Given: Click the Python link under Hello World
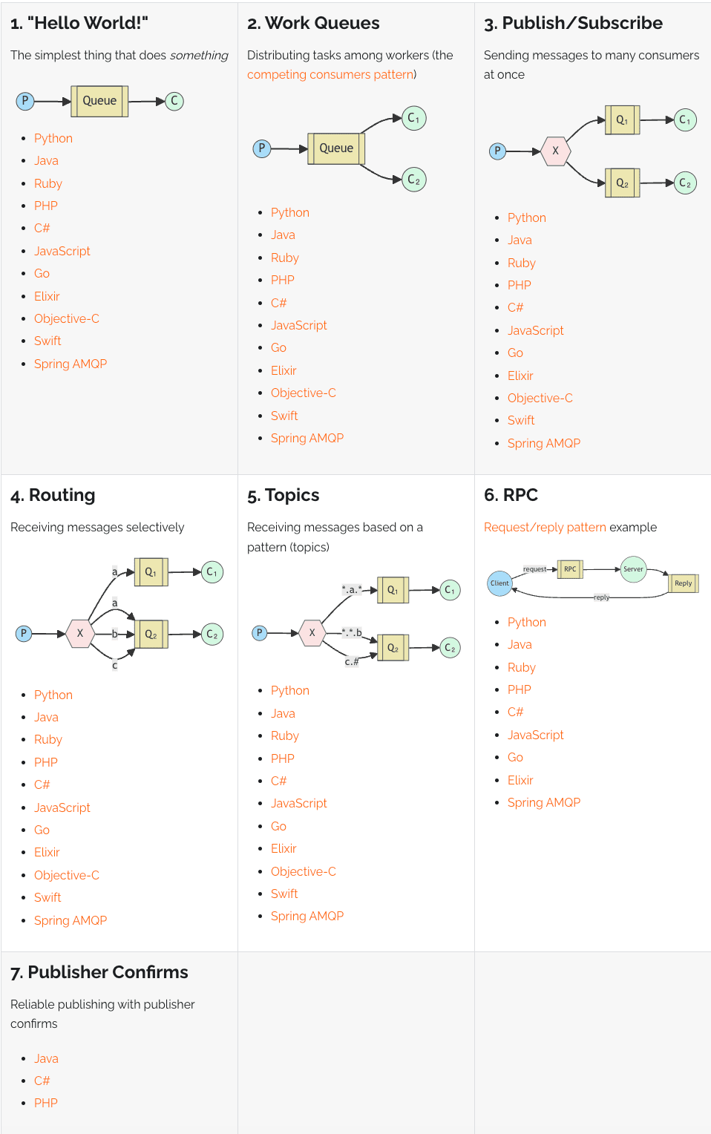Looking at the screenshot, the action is tap(53, 138).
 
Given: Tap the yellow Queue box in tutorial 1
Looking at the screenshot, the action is tap(99, 101).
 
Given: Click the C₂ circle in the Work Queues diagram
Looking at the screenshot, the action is tap(413, 180).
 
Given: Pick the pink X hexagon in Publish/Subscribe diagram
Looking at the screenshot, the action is tap(556, 151).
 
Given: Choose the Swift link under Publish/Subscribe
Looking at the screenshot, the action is tap(521, 420).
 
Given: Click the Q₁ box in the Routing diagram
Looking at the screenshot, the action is tap(151, 572).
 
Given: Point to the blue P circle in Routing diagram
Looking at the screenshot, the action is tap(23, 633).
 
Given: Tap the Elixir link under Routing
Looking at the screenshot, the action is tap(47, 852).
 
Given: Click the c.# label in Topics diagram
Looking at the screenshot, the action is tap(352, 661).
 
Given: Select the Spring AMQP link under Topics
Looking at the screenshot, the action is tap(307, 916).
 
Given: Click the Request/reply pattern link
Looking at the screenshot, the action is tap(545, 527).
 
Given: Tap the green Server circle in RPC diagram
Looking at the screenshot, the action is tap(633, 569).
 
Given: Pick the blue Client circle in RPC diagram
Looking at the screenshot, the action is tap(499, 583).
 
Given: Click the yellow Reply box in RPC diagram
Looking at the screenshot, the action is tap(683, 583).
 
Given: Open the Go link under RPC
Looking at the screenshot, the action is tap(515, 757).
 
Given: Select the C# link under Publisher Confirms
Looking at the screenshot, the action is tap(42, 1081).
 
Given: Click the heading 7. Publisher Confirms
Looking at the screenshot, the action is tap(99, 972).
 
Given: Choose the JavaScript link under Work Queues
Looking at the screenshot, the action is tap(299, 325).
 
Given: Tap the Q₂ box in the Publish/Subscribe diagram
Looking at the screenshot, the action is tap(623, 183).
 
